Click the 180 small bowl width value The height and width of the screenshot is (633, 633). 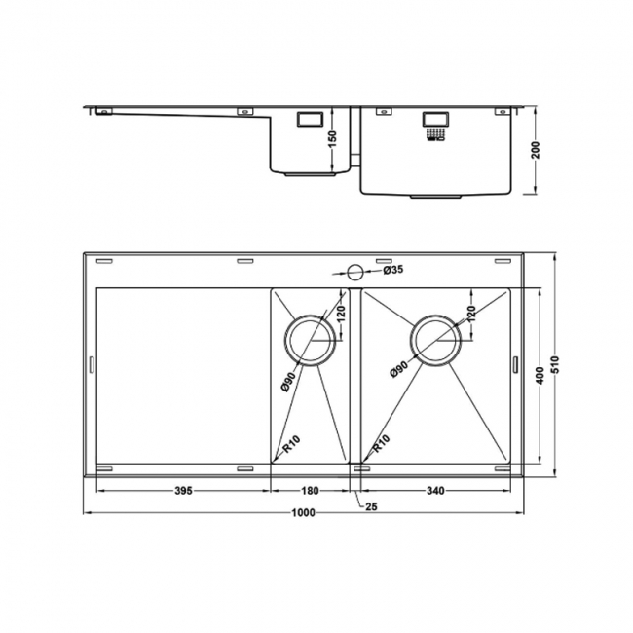click(310, 490)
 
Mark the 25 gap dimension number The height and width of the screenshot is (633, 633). click(371, 506)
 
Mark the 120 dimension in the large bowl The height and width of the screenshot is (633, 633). click(471, 315)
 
